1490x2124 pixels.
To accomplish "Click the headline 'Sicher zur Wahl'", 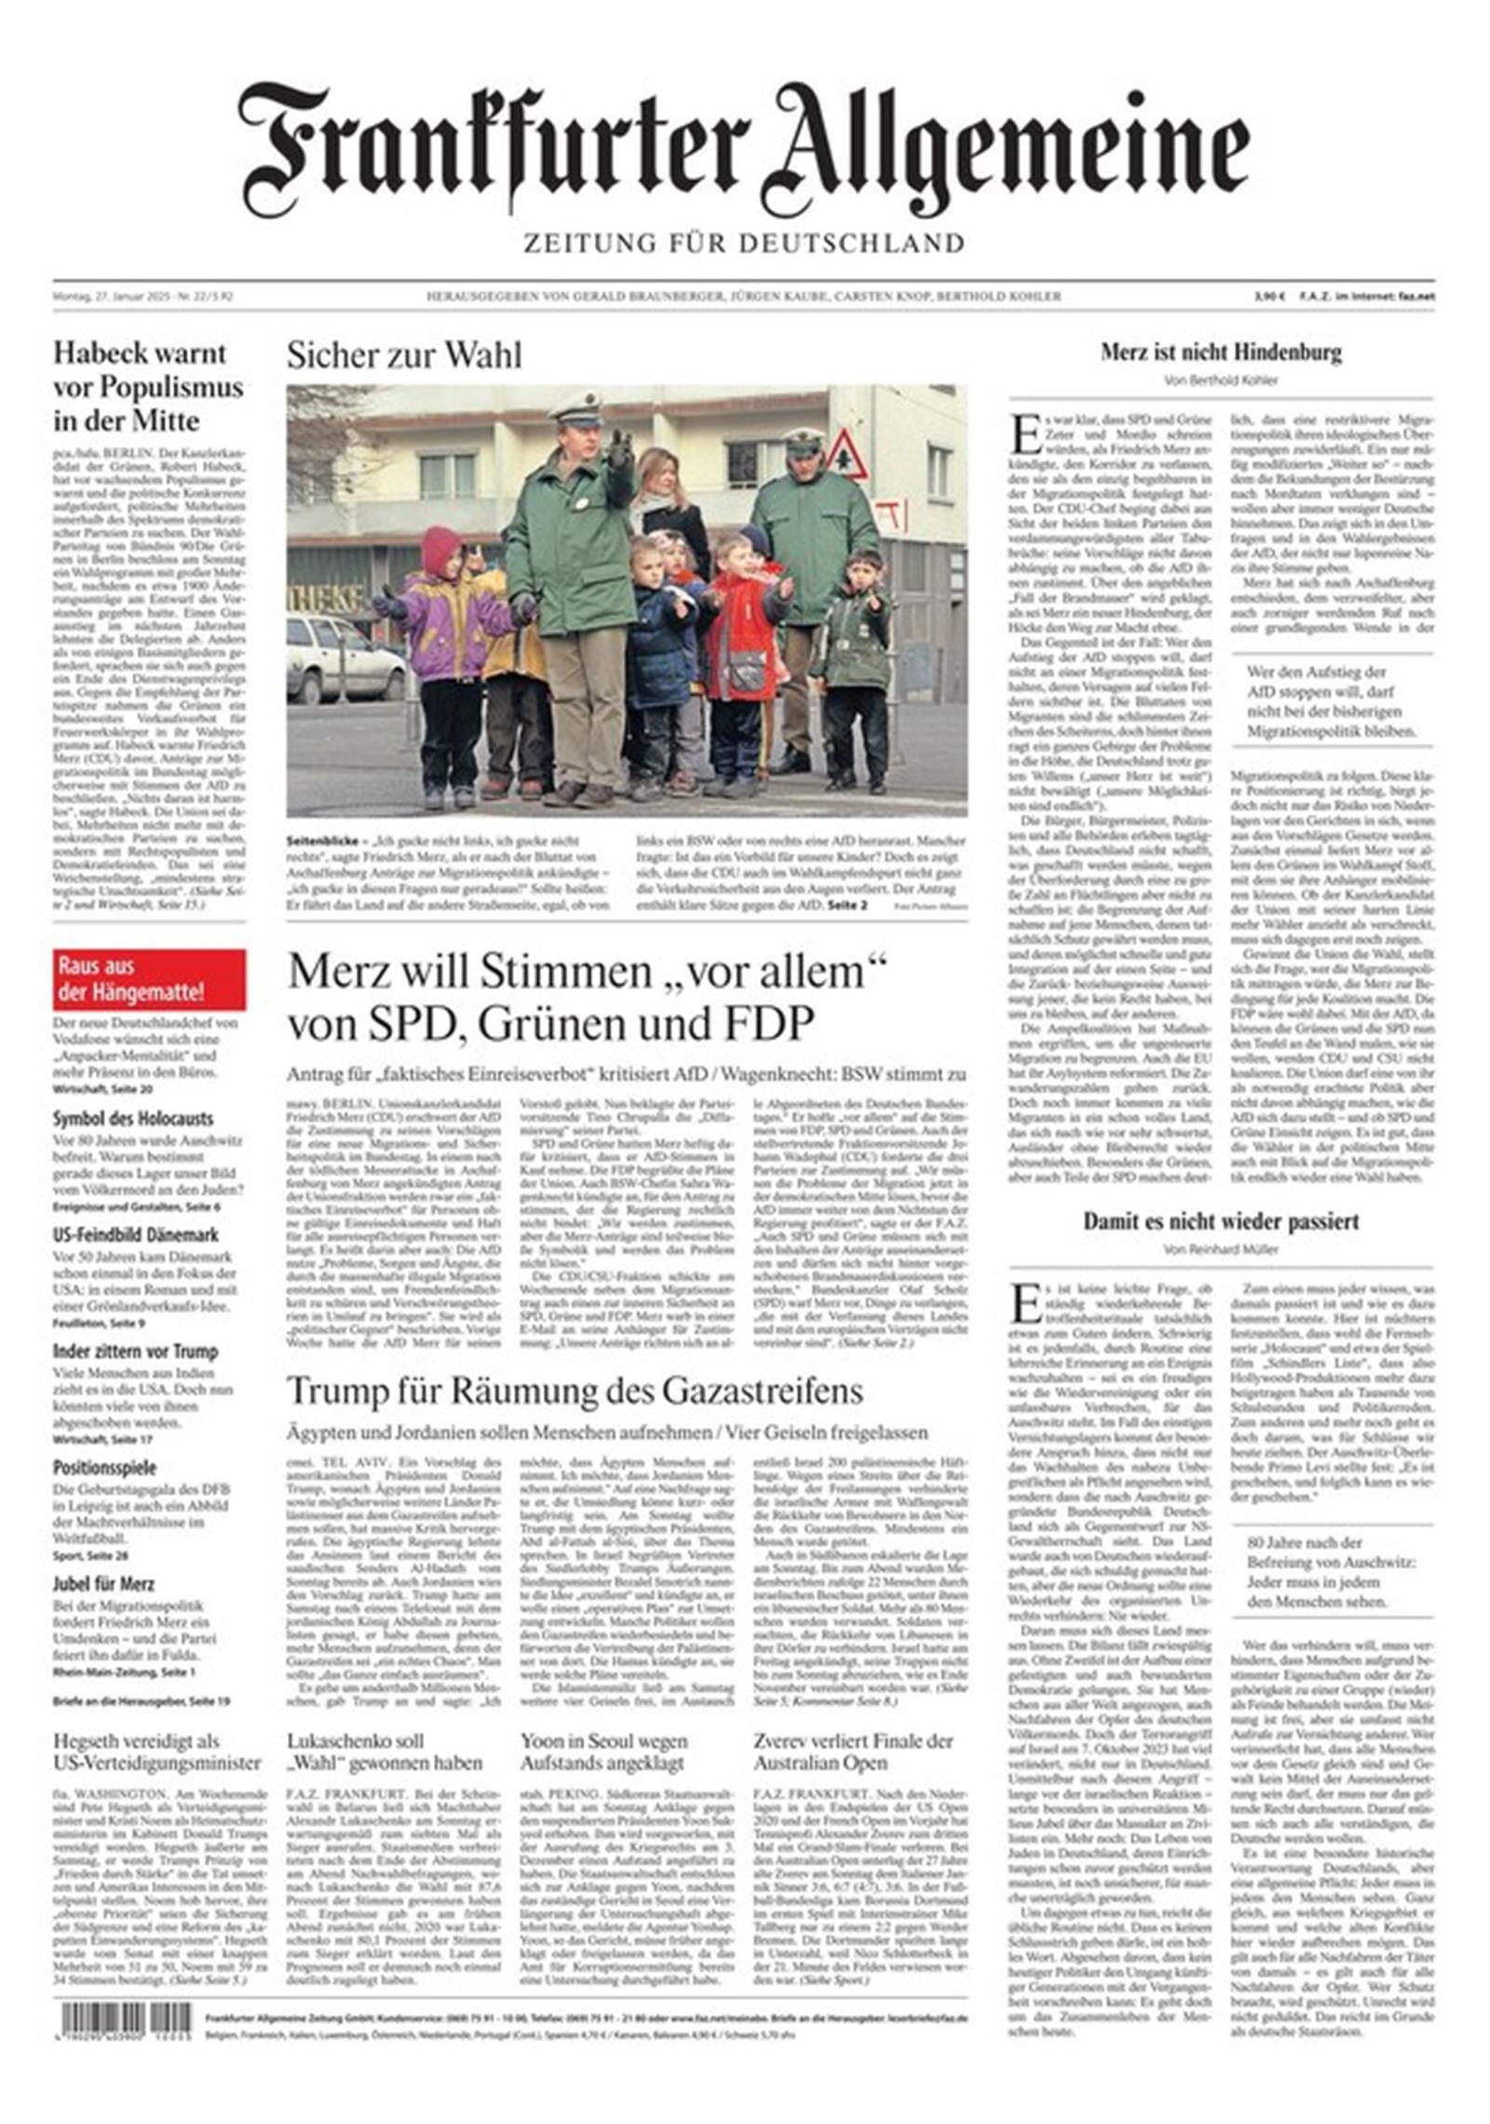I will coord(403,355).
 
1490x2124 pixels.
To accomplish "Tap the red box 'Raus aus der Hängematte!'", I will coord(149,978).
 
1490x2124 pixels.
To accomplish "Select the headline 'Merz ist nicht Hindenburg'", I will coord(1221,352).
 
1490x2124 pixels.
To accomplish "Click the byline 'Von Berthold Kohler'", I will coord(1221,380).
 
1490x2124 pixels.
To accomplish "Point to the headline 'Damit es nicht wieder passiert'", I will coord(1220,1221).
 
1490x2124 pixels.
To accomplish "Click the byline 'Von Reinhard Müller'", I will coord(1220,1249).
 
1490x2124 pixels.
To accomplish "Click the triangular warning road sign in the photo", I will coord(846,454).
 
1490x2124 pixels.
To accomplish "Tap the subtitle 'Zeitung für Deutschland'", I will coord(743,244).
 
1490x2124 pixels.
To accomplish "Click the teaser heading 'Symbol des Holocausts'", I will coord(133,1118).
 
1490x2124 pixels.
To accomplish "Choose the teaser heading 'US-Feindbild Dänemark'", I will coord(136,1234).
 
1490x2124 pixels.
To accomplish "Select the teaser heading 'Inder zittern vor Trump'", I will coord(136,1351).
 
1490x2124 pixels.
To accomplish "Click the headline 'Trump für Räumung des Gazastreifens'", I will coord(575,1392).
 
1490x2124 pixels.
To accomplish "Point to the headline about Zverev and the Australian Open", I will coord(853,1752).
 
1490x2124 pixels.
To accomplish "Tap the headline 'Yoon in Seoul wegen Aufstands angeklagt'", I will coord(603,1752).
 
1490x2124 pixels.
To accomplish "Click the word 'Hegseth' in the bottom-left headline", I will coord(88,1741).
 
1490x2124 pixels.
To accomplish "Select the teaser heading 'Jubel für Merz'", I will coord(104,1584).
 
